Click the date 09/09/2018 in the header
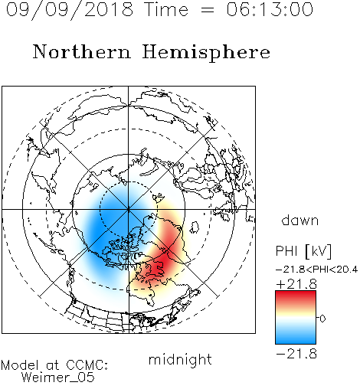[70, 9]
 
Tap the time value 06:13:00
[270, 9]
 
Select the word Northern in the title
[82, 52]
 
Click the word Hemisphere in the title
[206, 53]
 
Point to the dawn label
[300, 220]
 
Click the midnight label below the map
[180, 360]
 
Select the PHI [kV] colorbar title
[303, 251]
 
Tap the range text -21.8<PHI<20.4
[316, 270]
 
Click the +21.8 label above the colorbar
[296, 284]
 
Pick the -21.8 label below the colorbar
[296, 354]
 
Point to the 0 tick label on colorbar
[322, 319]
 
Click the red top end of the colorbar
[296, 293]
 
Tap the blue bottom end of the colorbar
[296, 342]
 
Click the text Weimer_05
[58, 378]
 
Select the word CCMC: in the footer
[87, 365]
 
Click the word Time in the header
[166, 9]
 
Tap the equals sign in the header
[207, 10]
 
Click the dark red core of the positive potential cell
[163, 262]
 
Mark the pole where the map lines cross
[129, 209]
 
